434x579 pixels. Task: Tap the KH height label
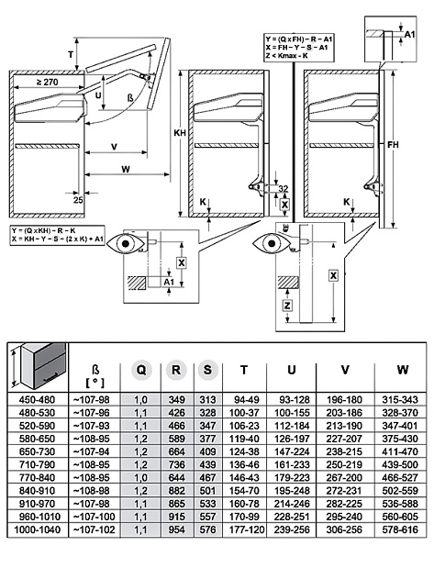(x=179, y=132)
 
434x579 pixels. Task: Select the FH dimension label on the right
(x=393, y=144)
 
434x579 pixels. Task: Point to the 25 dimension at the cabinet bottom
(x=80, y=197)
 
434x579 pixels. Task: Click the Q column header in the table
(x=141, y=369)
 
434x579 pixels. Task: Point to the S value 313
(x=207, y=400)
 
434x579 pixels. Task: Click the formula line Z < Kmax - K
(x=299, y=54)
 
